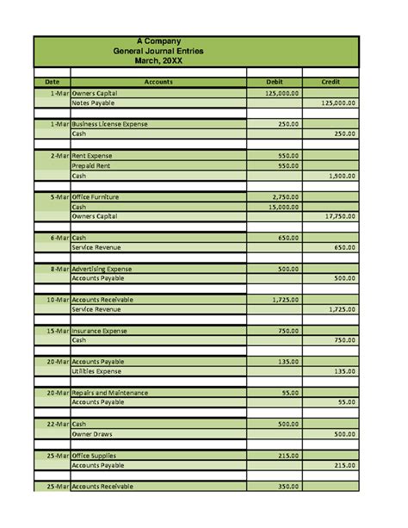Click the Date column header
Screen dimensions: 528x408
point(52,82)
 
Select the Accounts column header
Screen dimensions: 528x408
point(158,82)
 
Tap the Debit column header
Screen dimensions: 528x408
point(275,82)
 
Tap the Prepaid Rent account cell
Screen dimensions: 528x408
point(91,165)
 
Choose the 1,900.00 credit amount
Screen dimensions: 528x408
point(342,176)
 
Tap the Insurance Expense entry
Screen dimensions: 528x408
point(99,331)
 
